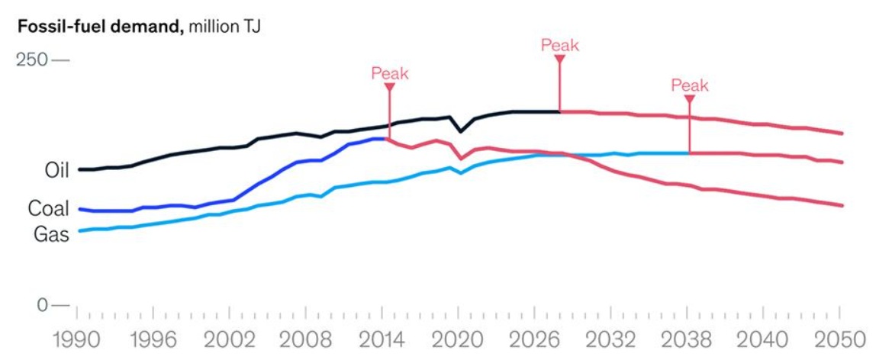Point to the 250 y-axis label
pyautogui.click(x=32, y=59)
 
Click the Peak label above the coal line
pyautogui.click(x=390, y=73)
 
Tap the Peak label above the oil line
pyautogui.click(x=560, y=45)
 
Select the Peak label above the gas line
pyautogui.click(x=690, y=85)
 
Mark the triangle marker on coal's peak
pyautogui.click(x=390, y=88)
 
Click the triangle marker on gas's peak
pyautogui.click(x=690, y=99)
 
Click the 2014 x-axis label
pyautogui.click(x=383, y=338)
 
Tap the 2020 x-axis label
pyautogui.click(x=459, y=338)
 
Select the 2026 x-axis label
pyautogui.click(x=535, y=338)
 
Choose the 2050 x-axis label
pyautogui.click(x=840, y=338)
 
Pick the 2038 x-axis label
pyautogui.click(x=688, y=338)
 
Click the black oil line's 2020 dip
pyautogui.click(x=459, y=132)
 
